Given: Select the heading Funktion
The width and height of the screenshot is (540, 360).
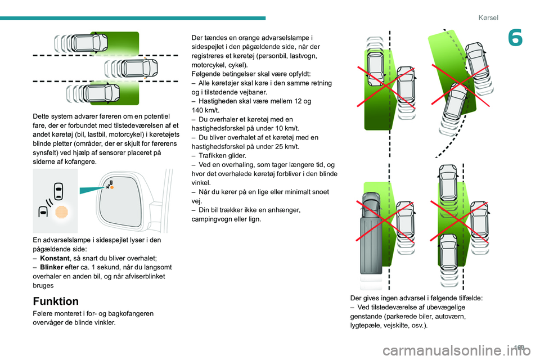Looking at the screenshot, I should pos(56,301).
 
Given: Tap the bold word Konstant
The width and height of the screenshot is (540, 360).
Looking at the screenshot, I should pos(55,258).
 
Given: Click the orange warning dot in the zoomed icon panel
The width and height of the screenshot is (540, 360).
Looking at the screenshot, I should pos(62,213).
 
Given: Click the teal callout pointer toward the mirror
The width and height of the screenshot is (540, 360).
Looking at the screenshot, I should pos(91,191).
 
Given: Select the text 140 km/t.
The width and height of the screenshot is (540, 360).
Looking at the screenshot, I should pos(205,110).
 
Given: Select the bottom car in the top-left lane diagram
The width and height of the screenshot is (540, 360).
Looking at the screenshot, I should pos(103,95).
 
